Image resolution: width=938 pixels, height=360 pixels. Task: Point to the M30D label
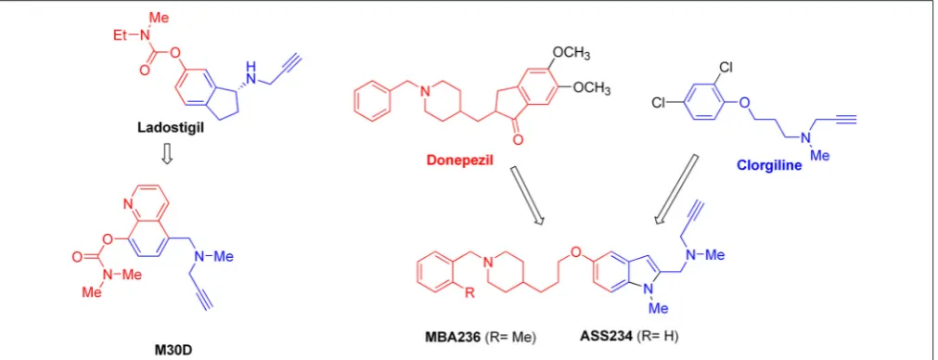click(167, 352)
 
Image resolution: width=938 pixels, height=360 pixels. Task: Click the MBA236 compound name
click(447, 338)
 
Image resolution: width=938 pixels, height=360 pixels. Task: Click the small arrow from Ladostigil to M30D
click(168, 154)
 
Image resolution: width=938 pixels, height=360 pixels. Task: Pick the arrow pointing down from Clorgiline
click(677, 189)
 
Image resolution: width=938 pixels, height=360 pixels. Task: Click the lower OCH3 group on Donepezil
click(591, 89)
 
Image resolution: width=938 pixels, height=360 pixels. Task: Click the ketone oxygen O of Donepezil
click(518, 140)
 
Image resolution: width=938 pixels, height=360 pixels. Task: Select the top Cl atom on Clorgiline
click(725, 67)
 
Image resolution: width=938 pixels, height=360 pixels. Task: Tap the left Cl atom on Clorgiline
click(660, 103)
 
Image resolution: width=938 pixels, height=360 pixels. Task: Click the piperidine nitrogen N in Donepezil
click(425, 91)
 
